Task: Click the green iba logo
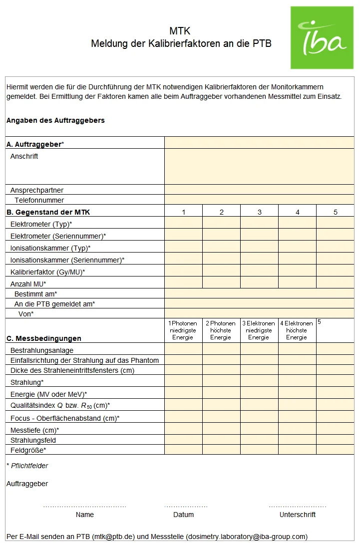click(322, 38)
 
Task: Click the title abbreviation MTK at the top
click(180, 31)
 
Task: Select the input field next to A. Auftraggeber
click(259, 143)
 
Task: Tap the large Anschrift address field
click(259, 167)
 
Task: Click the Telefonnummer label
click(39, 200)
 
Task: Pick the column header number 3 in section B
click(260, 212)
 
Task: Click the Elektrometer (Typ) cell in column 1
click(184, 224)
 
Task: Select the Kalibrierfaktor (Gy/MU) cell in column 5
click(335, 272)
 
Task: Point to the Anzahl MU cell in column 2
click(221, 283)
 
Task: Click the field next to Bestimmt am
click(259, 294)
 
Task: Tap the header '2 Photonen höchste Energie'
click(221, 330)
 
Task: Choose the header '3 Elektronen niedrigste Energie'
click(259, 330)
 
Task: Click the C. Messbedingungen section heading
click(44, 338)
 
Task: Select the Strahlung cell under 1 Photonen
click(184, 382)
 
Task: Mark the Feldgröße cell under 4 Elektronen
click(297, 450)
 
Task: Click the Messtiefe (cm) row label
click(35, 430)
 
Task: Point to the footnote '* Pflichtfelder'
click(27, 466)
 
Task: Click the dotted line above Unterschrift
click(298, 506)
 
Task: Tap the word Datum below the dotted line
click(183, 515)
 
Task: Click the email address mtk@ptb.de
click(113, 537)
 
